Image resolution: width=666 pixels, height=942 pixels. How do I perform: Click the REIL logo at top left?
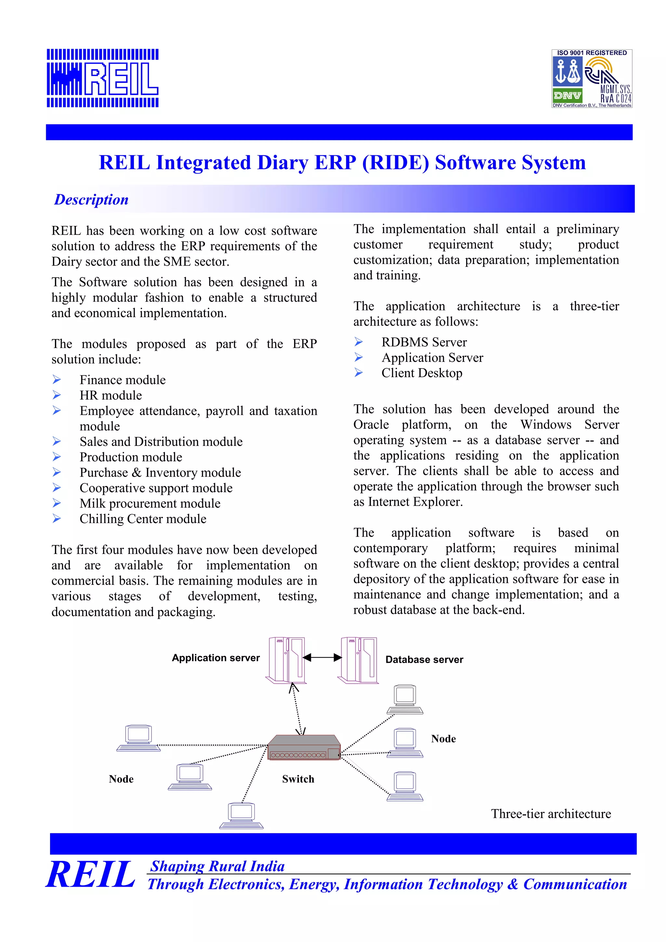pyautogui.click(x=102, y=78)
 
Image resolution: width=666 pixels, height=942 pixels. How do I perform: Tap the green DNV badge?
pyautogui.click(x=567, y=96)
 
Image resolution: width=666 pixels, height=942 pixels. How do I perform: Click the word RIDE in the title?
pyautogui.click(x=395, y=163)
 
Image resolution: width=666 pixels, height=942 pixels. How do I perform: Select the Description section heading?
pyautogui.click(x=91, y=200)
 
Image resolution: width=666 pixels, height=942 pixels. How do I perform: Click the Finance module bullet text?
pyautogui.click(x=122, y=380)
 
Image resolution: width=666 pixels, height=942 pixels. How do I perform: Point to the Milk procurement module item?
pyautogui.click(x=150, y=504)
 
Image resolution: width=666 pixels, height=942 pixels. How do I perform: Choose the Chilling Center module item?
pyautogui.click(x=143, y=519)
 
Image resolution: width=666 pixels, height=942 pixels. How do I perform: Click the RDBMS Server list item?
pyautogui.click(x=424, y=342)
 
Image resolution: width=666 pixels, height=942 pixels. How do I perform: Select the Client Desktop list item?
pyautogui.click(x=422, y=373)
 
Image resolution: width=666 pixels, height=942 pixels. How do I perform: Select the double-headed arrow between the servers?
pyautogui.click(x=322, y=658)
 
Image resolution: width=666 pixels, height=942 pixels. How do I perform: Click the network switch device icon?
pyautogui.click(x=304, y=748)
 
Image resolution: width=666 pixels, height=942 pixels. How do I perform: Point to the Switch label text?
pyautogui.click(x=298, y=779)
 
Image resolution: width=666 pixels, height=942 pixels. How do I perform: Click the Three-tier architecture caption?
pyautogui.click(x=551, y=814)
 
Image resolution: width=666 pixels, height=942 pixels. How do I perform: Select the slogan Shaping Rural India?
pyautogui.click(x=217, y=866)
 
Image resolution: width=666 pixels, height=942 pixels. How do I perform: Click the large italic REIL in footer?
pyautogui.click(x=90, y=875)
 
